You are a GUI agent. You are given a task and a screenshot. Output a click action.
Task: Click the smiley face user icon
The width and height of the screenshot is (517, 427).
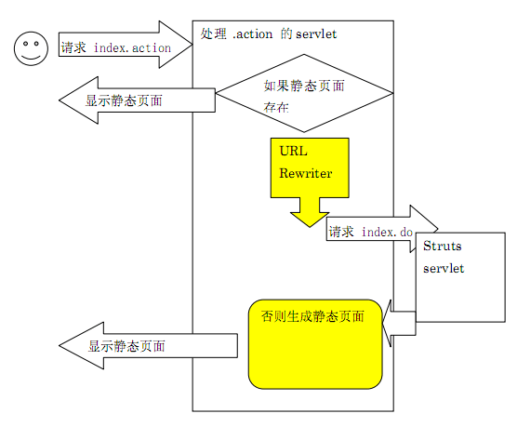[x=30, y=47]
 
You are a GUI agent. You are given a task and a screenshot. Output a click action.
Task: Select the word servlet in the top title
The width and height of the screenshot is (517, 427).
[x=316, y=33]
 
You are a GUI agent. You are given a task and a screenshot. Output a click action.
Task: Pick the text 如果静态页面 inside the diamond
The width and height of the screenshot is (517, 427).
[x=304, y=86]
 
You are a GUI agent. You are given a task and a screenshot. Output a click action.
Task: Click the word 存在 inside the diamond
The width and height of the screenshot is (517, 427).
[x=276, y=109]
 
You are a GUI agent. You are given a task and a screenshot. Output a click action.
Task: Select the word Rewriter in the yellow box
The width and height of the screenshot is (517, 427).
[x=305, y=173]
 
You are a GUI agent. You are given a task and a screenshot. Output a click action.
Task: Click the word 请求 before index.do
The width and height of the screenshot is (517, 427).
[x=341, y=232]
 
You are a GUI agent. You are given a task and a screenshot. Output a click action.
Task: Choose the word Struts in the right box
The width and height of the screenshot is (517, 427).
[x=442, y=247]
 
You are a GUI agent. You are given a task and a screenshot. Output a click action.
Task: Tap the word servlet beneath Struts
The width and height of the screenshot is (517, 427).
[x=444, y=269]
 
